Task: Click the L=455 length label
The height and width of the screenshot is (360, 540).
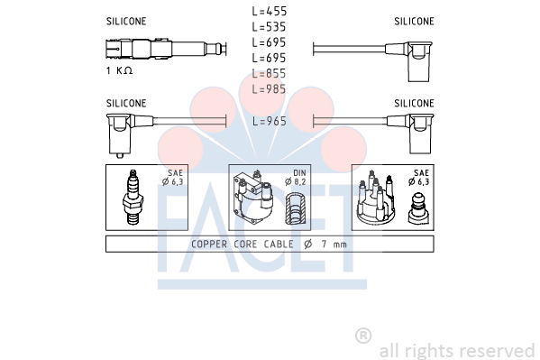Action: pyautogui.click(x=269, y=12)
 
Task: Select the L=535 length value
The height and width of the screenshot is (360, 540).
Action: pyautogui.click(x=269, y=27)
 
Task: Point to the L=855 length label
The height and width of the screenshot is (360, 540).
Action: pyautogui.click(x=269, y=74)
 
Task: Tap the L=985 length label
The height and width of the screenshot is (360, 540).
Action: pyautogui.click(x=269, y=89)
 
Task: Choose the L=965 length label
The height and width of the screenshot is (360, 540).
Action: pyautogui.click(x=270, y=121)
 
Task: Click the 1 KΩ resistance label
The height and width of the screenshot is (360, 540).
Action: pyautogui.click(x=119, y=70)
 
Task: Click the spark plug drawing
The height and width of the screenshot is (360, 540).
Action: pyautogui.click(x=133, y=198)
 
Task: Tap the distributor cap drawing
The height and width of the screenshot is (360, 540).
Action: pyautogui.click(x=375, y=198)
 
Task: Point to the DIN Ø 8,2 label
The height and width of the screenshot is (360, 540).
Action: pyautogui.click(x=296, y=177)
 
